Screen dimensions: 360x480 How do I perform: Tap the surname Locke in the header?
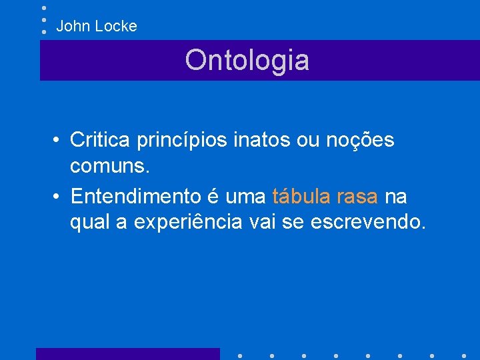point(116,27)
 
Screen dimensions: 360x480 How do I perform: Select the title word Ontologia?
point(247,60)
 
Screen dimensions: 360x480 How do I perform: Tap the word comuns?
point(110,166)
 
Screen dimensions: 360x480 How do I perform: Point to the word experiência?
point(188,222)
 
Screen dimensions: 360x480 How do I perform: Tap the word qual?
point(89,223)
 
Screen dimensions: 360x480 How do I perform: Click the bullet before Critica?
point(59,141)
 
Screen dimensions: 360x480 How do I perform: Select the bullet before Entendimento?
point(59,198)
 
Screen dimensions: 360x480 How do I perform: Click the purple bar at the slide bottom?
point(127,353)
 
